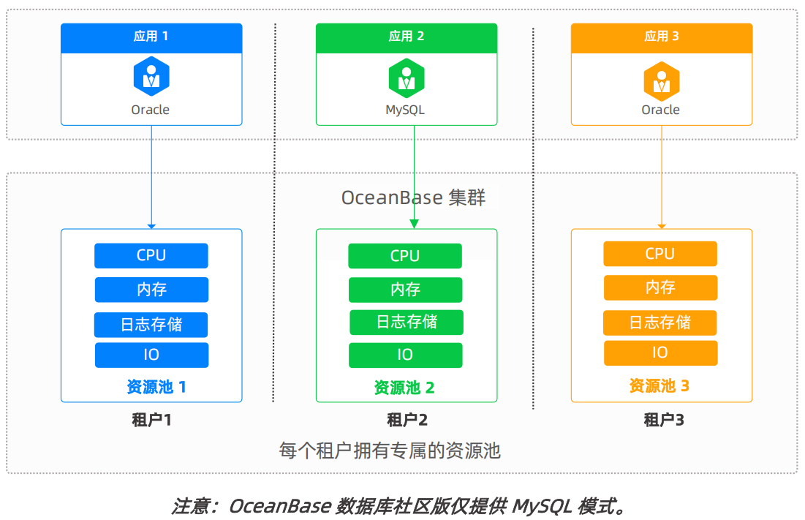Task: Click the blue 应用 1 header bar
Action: (x=151, y=37)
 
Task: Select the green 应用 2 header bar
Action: (x=406, y=37)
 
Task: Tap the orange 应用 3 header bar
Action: (x=661, y=37)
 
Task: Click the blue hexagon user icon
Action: (x=151, y=77)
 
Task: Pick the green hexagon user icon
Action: (x=406, y=78)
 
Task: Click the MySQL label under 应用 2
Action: (x=405, y=110)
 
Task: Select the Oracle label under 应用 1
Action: (x=151, y=110)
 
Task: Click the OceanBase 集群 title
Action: (x=413, y=197)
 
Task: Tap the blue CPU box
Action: (x=151, y=255)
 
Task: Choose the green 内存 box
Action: (x=405, y=290)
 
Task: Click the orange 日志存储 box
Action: (x=660, y=323)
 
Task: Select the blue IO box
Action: (x=151, y=355)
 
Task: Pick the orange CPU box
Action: (x=660, y=254)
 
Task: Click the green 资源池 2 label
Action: (x=404, y=388)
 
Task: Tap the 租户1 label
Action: (x=151, y=420)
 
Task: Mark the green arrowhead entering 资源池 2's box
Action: (x=414, y=224)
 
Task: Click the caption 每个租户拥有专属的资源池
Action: (x=390, y=450)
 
